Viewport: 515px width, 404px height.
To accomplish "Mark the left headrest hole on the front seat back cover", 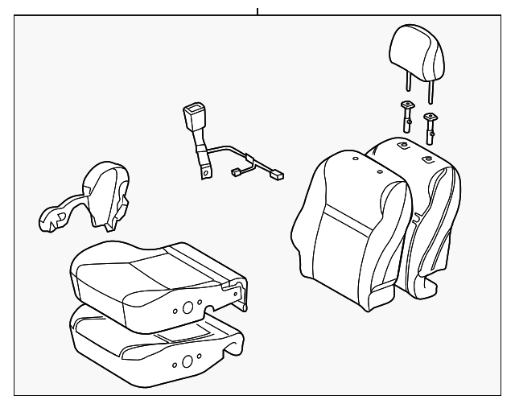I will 355,161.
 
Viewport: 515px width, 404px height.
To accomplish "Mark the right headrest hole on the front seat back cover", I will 377,171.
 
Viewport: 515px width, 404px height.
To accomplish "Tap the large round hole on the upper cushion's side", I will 187,307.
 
